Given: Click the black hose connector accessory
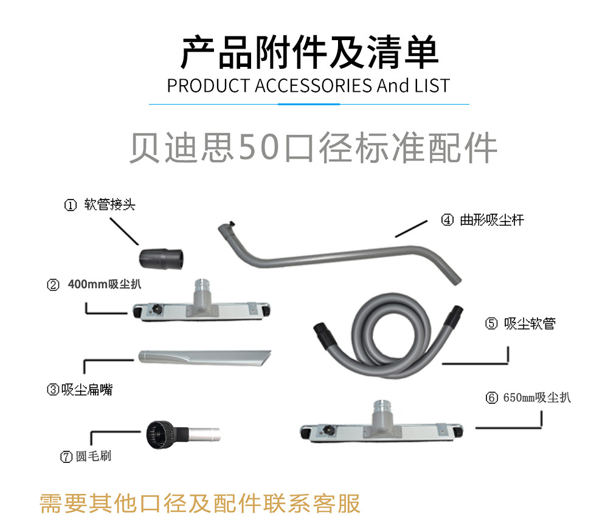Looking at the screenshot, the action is point(161,259).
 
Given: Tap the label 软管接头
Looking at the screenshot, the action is point(109,204).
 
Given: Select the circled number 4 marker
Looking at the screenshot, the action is point(447,220).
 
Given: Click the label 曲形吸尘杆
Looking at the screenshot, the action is point(492,220).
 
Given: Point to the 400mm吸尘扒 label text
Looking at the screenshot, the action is point(105,284).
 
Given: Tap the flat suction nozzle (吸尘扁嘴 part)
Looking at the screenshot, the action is point(205,357).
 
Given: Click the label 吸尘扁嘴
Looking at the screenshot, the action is point(87,389).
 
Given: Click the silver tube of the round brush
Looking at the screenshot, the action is point(205,434).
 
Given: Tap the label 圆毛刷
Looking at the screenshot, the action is point(94,456).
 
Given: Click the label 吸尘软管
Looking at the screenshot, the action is point(530,323).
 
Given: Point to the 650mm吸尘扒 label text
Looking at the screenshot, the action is point(537,398).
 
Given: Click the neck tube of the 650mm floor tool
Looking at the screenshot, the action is point(382,414).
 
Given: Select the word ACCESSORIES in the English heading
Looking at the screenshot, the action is point(313,86).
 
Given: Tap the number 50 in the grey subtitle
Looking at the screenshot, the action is point(258,147).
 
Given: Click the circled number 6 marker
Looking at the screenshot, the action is point(492,398).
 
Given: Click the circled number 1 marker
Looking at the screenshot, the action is point(70,205).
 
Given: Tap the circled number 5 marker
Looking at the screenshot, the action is point(491,323).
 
